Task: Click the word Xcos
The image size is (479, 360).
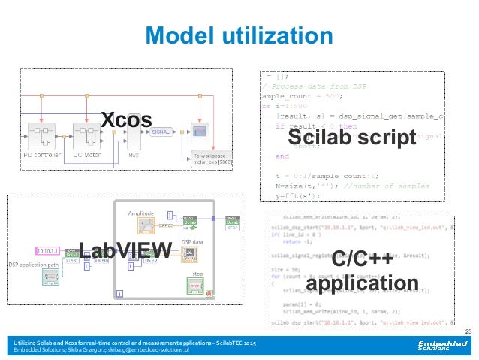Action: [x=126, y=118]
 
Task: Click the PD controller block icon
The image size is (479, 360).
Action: [x=44, y=135]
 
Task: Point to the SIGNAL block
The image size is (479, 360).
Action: [x=160, y=132]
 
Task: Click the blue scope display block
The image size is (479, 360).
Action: [x=200, y=131]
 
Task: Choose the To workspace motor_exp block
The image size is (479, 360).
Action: [x=206, y=158]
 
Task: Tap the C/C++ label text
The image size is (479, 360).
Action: [x=362, y=260]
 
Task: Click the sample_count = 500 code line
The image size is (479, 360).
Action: [x=300, y=97]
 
